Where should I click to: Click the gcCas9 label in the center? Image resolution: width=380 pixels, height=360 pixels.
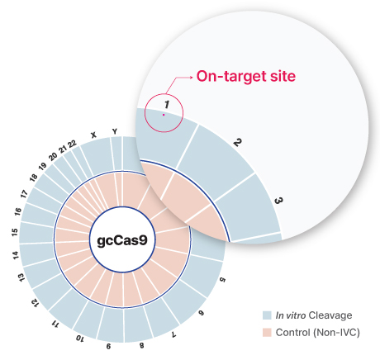(122, 241)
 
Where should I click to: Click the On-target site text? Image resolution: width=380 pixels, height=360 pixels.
(246, 76)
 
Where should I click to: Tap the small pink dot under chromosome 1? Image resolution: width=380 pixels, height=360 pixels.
(164, 115)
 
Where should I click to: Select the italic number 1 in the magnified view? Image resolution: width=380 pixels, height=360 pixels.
(167, 105)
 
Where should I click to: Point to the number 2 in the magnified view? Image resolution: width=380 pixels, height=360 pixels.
(237, 143)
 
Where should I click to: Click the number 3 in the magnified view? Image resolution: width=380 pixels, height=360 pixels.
(278, 201)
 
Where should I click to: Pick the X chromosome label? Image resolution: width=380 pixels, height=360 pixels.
(93, 135)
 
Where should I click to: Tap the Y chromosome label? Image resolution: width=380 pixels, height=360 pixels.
(115, 131)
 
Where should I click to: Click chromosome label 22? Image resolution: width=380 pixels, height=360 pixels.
(73, 144)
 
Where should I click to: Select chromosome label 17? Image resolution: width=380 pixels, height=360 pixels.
(24, 194)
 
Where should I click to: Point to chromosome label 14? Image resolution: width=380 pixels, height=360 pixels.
(16, 255)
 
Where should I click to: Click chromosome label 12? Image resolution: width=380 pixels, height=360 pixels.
(35, 303)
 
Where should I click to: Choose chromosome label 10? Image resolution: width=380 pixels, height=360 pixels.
(80, 339)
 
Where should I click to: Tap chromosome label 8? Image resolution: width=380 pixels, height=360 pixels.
(141, 345)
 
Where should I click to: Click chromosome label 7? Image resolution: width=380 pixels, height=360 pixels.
(173, 334)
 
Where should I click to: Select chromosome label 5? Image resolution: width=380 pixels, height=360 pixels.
(222, 280)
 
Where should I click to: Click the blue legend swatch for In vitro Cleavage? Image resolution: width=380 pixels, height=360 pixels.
(267, 315)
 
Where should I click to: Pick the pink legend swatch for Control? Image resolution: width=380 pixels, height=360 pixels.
(267, 333)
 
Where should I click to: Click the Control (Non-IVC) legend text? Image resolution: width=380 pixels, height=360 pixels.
(318, 333)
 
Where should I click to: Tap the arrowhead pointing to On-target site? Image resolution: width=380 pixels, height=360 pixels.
(191, 78)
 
